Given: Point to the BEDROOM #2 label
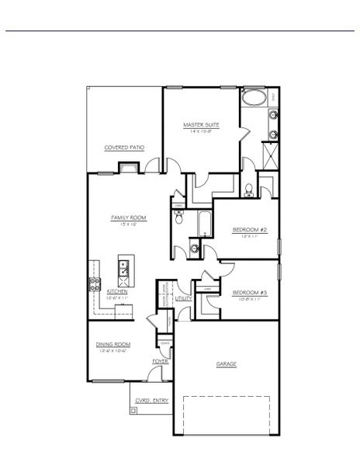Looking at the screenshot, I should coord(250,229).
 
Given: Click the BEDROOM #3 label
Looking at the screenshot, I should coord(250,292).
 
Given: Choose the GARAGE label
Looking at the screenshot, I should coord(227,363).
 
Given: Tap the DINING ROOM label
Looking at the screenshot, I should coord(112,344).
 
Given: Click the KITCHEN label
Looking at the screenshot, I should coord(106,291).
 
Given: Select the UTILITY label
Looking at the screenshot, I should coord(183,297).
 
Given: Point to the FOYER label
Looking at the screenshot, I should coord(161,361).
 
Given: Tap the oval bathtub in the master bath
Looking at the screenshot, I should coord(253,99).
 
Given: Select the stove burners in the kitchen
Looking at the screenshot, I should coord(95,283).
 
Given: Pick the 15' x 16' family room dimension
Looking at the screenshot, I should coord(128,224).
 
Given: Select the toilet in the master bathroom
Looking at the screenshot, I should coord(247,190).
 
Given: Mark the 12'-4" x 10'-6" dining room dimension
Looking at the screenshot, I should coord(112,351).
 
